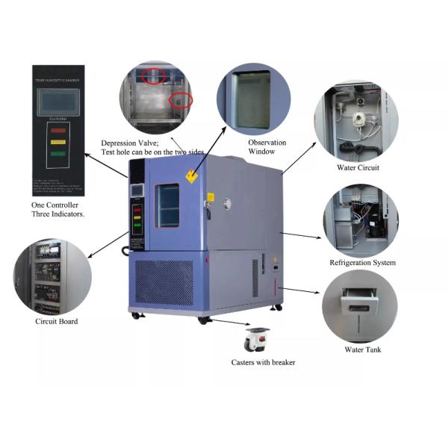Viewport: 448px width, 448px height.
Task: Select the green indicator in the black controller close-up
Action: tap(57, 152)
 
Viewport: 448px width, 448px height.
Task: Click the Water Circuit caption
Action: tap(358, 167)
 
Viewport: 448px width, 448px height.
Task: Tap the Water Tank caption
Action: tap(358, 349)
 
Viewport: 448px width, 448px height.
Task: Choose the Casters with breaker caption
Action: tap(263, 362)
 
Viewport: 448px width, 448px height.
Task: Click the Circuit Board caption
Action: tap(56, 322)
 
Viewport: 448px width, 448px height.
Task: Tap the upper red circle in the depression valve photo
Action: tap(155, 74)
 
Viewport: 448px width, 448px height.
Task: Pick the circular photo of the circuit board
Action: tap(52, 276)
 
